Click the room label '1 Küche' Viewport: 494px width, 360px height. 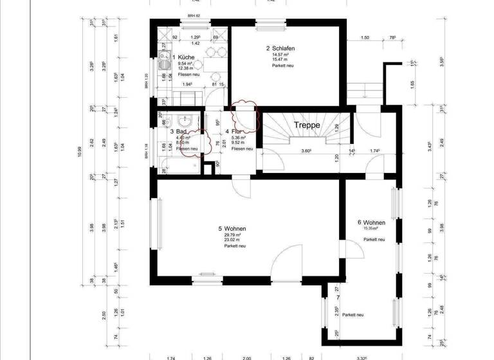click(x=187, y=58)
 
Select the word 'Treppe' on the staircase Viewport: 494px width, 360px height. click(x=307, y=125)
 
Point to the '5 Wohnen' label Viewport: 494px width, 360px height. click(x=232, y=229)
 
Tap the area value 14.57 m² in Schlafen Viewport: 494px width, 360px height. click(x=281, y=55)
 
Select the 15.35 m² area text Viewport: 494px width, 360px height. click(x=370, y=228)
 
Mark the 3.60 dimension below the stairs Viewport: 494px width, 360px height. click(x=306, y=152)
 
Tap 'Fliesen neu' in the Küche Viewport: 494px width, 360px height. click(x=188, y=75)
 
